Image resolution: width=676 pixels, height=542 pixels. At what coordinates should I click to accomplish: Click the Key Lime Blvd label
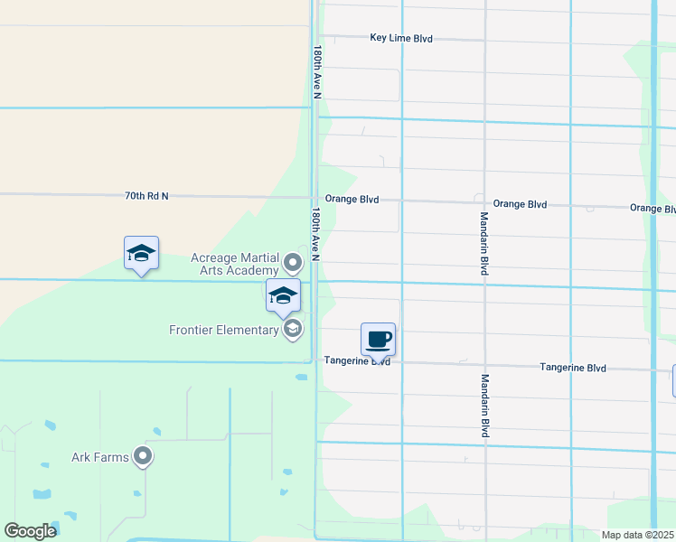point(401,38)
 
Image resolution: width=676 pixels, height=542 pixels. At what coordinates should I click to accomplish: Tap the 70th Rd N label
point(146,195)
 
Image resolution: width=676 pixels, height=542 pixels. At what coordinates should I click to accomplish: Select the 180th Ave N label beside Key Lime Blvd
point(317,72)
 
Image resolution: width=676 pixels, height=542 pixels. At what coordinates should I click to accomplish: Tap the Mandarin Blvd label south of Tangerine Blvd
point(484,406)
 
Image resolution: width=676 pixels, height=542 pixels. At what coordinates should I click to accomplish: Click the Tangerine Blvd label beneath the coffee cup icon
point(357,360)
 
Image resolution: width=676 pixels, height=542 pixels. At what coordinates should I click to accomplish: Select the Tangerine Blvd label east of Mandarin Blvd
point(573,368)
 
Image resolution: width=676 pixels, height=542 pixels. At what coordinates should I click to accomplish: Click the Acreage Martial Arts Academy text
point(235,264)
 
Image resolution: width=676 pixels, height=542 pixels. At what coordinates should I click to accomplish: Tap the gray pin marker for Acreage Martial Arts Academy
point(292,264)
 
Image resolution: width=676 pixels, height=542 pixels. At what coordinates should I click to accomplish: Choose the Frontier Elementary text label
point(224,330)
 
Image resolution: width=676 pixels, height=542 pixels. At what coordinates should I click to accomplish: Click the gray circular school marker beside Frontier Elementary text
point(292,330)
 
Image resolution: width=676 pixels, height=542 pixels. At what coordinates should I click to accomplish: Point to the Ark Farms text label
point(100,457)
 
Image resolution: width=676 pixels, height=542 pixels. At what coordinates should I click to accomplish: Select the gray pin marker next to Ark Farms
point(143,457)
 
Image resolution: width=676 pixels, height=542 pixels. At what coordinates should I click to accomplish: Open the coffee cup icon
point(378,340)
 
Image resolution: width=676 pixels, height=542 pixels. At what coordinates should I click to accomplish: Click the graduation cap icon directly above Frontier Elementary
point(283,295)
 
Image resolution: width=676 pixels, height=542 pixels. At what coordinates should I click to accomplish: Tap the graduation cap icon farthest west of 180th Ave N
point(141,254)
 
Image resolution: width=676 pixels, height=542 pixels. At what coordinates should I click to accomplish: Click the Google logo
point(30,530)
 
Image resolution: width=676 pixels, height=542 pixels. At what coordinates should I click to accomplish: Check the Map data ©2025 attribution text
point(638,535)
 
